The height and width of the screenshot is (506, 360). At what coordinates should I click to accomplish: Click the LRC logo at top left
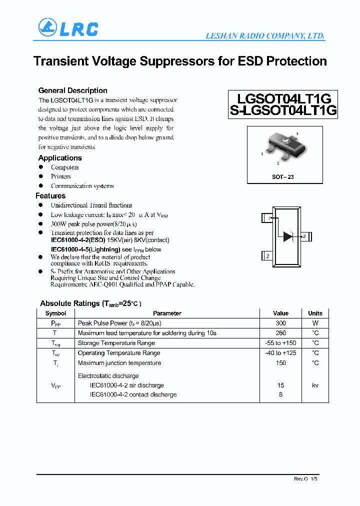(x=68, y=28)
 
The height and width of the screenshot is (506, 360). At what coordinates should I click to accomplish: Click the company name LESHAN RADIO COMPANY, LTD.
(x=265, y=36)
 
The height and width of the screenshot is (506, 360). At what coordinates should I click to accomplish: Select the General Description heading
(x=72, y=90)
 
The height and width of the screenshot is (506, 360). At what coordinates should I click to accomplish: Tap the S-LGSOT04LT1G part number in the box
(x=283, y=111)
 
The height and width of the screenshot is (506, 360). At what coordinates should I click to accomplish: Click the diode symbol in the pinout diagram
(x=288, y=236)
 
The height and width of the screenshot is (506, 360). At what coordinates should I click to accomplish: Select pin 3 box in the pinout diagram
(x=307, y=236)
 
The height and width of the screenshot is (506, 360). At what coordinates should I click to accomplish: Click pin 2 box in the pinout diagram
(x=267, y=256)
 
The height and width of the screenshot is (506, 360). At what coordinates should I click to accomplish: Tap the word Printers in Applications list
(x=60, y=176)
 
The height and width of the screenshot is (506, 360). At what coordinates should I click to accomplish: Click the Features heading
(x=50, y=196)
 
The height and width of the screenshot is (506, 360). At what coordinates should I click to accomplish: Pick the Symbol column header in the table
(x=55, y=313)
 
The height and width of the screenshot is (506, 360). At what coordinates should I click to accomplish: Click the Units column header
(x=315, y=313)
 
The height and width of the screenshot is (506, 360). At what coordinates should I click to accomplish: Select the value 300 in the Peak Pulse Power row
(x=280, y=323)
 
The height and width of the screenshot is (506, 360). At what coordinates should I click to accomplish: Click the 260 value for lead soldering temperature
(x=280, y=333)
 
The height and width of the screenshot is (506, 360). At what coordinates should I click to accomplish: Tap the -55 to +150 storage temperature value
(x=280, y=343)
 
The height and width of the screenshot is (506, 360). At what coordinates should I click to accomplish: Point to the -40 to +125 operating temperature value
(x=280, y=353)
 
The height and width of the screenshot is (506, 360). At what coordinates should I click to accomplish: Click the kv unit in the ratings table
(x=315, y=385)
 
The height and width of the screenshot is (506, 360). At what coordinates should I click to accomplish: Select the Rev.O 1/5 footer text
(x=305, y=479)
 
